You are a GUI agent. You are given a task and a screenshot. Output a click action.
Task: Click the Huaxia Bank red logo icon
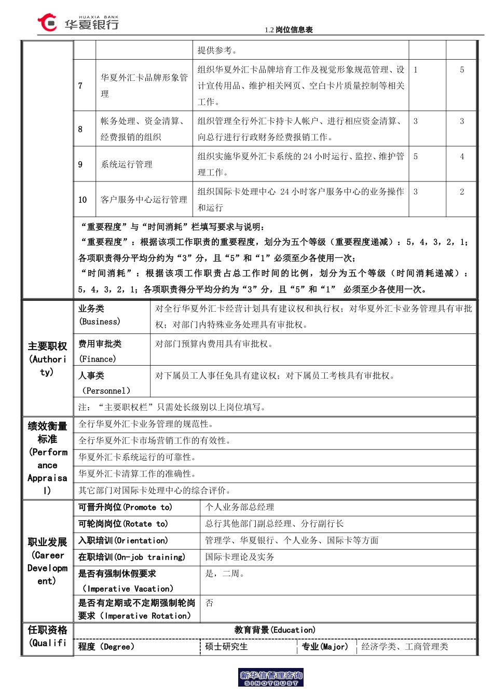point(47,22)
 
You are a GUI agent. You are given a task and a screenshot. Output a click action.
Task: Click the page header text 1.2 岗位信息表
point(289,30)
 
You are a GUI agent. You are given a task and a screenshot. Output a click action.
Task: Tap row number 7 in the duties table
point(80,86)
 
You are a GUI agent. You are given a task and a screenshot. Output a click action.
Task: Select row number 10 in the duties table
point(83,200)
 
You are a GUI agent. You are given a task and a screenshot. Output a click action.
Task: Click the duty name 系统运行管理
point(127,164)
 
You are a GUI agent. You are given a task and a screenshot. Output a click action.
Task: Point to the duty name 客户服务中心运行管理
point(144,200)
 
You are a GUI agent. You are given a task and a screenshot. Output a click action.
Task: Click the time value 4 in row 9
point(462,157)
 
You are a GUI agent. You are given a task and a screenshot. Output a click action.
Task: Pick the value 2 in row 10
point(462,192)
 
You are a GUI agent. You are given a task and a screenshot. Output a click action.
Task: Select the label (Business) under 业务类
point(100,322)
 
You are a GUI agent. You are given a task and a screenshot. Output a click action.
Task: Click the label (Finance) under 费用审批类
point(98,359)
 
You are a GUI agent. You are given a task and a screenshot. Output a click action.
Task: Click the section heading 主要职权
point(47,346)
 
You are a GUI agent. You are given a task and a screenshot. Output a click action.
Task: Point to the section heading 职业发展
point(47,542)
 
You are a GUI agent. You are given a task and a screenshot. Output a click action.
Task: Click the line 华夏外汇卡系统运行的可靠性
point(137,457)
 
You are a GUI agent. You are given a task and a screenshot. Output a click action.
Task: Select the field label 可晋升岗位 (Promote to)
point(125,507)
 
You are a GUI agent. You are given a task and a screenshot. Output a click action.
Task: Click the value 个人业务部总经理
point(239,507)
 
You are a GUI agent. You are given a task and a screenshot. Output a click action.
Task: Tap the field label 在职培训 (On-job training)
point(132,557)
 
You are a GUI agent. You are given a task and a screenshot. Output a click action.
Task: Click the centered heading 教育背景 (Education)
point(275,630)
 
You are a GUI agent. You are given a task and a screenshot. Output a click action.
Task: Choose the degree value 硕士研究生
point(226,647)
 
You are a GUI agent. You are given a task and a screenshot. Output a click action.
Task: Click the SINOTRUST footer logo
point(271,678)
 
